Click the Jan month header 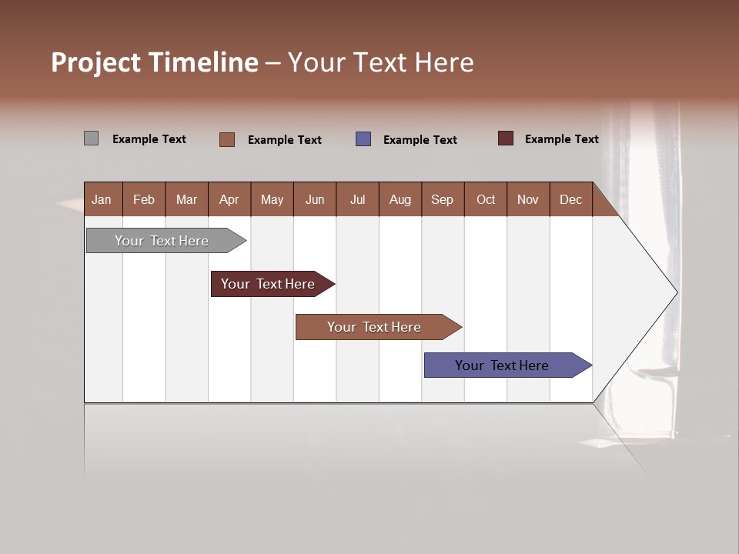102,200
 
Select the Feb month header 144,200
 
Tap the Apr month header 229,200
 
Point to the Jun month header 315,200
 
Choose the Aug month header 400,200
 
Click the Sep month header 442,200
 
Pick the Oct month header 486,200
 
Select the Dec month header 570,200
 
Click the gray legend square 91,138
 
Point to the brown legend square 227,139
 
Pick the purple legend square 363,139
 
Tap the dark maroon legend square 505,138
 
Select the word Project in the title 96,62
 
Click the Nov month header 528,200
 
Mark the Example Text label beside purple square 420,140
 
